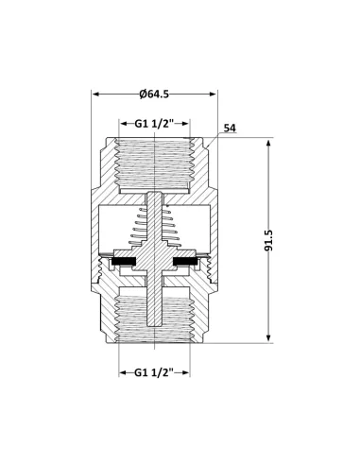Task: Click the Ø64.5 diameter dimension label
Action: click(154, 93)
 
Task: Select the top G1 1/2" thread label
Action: click(156, 123)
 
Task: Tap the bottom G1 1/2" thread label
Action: click(156, 371)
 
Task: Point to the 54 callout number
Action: click(230, 129)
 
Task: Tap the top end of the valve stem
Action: click(156, 196)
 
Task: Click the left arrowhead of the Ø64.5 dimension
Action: click(96, 93)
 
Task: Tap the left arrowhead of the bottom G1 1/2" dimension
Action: click(122, 371)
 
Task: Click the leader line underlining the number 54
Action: click(231, 136)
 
